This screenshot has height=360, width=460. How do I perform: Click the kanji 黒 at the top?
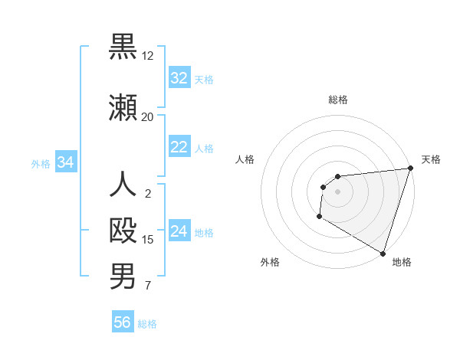pyautogui.click(x=123, y=47)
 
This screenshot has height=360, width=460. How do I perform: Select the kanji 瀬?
pyautogui.click(x=123, y=107)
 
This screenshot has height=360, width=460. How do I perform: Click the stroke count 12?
pyautogui.click(x=147, y=56)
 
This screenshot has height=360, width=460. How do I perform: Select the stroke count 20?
pyautogui.click(x=147, y=116)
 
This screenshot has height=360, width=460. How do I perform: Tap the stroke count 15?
pyautogui.click(x=147, y=240)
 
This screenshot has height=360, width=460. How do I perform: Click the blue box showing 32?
pyautogui.click(x=179, y=77)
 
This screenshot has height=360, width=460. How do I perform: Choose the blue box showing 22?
pyautogui.click(x=179, y=147)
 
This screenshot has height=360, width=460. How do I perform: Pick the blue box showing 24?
pyautogui.click(x=179, y=231)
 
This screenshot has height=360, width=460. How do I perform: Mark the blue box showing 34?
pyautogui.click(x=66, y=162)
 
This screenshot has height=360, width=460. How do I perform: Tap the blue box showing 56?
pyautogui.click(x=123, y=322)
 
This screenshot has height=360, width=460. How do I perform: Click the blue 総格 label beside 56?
pyautogui.click(x=148, y=324)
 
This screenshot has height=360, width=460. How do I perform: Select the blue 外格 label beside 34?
pyautogui.click(x=41, y=163)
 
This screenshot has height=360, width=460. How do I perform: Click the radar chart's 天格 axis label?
pyautogui.click(x=431, y=160)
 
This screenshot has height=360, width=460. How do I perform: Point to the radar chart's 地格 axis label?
pyautogui.click(x=402, y=262)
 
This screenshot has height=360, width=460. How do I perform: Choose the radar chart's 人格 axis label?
pyautogui.click(x=245, y=160)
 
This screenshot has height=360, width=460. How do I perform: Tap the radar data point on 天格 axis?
pyautogui.click(x=409, y=169)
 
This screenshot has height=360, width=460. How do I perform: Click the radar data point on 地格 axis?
pyautogui.click(x=382, y=252)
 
